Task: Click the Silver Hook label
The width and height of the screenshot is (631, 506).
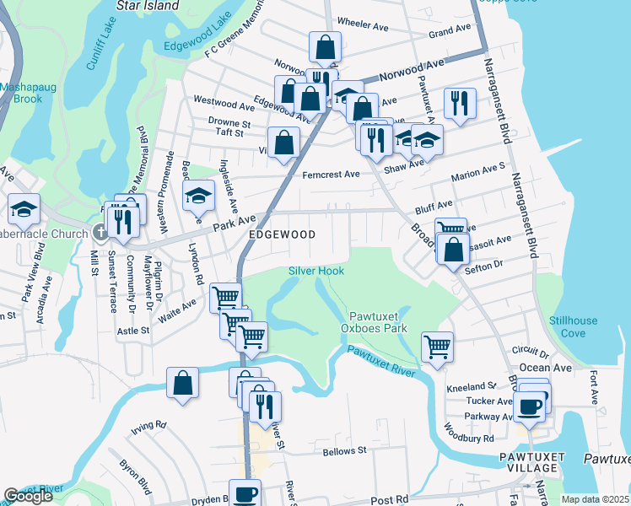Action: coord(315,271)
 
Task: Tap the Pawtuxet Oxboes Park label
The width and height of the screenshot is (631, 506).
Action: coord(374,320)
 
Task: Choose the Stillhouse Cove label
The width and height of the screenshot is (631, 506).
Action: coord(572,326)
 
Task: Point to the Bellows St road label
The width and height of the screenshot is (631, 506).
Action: coord(345,450)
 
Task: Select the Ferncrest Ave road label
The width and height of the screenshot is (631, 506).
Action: coord(331,175)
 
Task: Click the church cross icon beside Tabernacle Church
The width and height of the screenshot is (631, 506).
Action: coord(100,234)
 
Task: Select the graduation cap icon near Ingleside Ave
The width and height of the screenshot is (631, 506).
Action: coord(198,196)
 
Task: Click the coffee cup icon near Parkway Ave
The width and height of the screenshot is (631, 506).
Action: coord(529,406)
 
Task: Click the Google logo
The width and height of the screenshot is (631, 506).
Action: coord(28,496)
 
